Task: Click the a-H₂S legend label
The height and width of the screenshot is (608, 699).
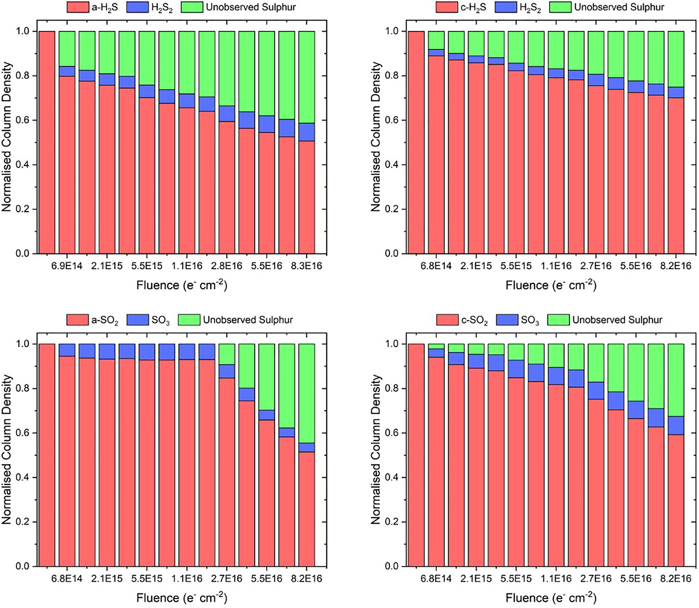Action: pyautogui.click(x=104, y=7)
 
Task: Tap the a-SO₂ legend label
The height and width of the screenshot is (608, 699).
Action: pyautogui.click(x=105, y=320)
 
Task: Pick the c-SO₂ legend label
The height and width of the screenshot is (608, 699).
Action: pyautogui.click(x=474, y=320)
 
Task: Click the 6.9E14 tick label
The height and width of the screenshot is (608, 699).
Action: pyautogui.click(x=67, y=266)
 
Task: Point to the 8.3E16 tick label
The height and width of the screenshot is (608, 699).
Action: pyautogui.click(x=307, y=266)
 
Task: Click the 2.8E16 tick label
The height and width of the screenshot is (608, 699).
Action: pyautogui.click(x=227, y=266)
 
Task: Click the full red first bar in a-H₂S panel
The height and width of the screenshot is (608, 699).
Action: pyautogui.click(x=47, y=142)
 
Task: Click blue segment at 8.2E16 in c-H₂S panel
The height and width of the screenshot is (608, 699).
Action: pyautogui.click(x=676, y=92)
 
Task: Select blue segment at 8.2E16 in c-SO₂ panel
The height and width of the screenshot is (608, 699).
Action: pyautogui.click(x=676, y=425)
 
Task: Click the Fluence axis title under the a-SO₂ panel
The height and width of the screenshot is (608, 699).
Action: pyautogui.click(x=182, y=598)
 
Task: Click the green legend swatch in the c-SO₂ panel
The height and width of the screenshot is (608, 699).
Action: pyautogui.click(x=558, y=320)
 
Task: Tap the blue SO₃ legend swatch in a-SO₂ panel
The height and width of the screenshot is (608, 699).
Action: pyautogui.click(x=138, y=320)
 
